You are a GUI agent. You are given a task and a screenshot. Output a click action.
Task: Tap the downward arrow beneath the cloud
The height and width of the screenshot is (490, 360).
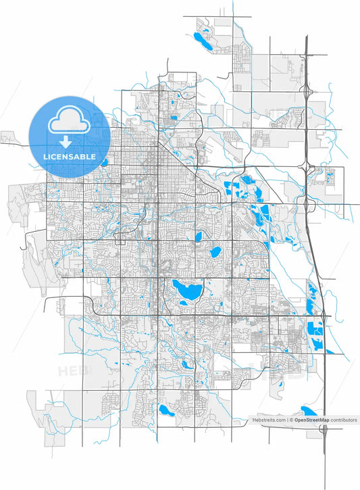66,141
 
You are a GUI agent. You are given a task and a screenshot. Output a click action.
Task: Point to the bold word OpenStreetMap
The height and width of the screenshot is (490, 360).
313,420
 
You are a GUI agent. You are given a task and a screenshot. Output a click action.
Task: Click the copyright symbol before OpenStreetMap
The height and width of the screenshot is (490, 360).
292,420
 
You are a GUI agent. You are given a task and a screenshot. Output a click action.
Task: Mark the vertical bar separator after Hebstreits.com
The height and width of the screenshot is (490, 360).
287,420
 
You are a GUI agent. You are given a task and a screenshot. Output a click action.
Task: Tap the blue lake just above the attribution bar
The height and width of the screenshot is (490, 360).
309,411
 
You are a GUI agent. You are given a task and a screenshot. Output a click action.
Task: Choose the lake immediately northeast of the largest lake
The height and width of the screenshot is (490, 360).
215,252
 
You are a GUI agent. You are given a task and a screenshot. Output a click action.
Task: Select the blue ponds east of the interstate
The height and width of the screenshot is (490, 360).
330,179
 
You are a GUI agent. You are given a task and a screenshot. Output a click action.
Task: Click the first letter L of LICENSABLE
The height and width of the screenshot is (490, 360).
45,156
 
